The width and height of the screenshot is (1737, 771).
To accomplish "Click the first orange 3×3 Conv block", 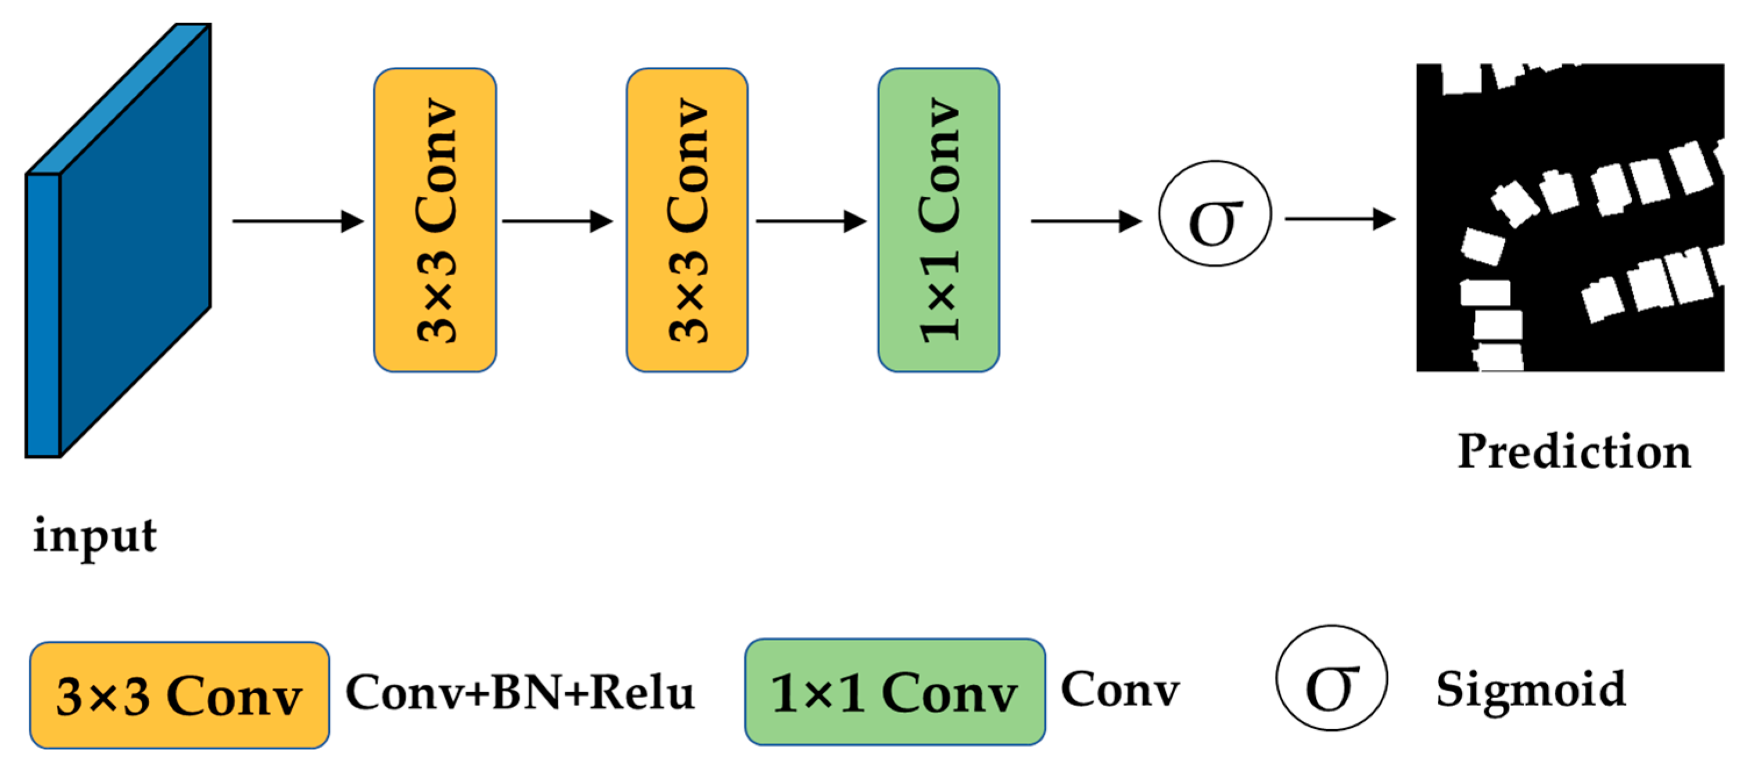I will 435,219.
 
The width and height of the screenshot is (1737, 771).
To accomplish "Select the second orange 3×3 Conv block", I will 687,219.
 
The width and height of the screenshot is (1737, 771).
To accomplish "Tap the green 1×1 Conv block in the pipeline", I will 938,219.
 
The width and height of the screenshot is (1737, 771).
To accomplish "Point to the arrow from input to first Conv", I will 297,221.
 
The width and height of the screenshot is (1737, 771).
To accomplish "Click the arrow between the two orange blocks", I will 557,221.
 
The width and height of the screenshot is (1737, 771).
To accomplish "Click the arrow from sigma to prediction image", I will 1339,219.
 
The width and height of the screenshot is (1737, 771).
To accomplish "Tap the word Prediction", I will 1574,452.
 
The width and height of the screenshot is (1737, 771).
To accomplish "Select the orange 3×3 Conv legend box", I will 180,695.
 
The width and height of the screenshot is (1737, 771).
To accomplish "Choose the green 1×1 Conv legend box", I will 894,692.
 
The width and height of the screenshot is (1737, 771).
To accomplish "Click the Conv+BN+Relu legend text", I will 519,692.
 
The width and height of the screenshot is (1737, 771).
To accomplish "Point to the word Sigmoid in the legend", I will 1531,690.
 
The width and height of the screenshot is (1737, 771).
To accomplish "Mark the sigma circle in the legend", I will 1331,678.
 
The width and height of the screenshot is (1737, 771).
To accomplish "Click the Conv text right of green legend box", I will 1120,690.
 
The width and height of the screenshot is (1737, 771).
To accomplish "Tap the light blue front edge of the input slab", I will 43,315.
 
